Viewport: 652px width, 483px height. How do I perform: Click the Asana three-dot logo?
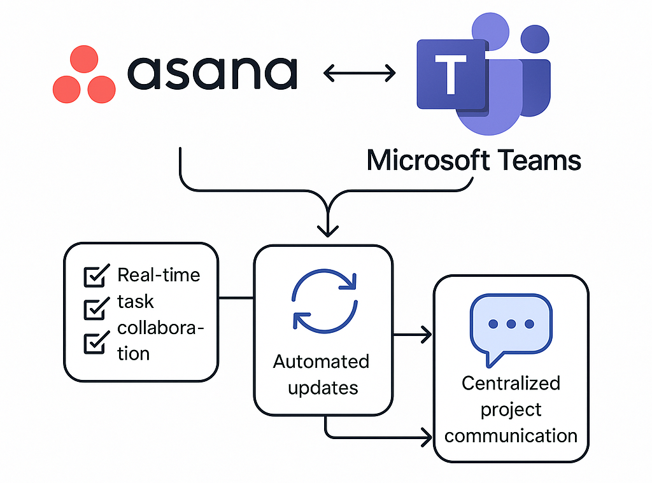coord(84,74)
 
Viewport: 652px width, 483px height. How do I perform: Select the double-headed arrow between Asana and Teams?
coord(360,74)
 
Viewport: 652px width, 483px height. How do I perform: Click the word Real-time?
coord(159,275)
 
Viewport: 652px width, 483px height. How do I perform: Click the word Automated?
coord(321,361)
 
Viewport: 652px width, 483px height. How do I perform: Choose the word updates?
coord(323,388)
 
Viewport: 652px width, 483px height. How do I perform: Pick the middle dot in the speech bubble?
coord(511,324)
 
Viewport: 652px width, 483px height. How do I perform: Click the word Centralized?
coord(511,384)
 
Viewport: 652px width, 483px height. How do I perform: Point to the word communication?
coord(511,436)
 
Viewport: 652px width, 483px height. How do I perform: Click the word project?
coord(511,410)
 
